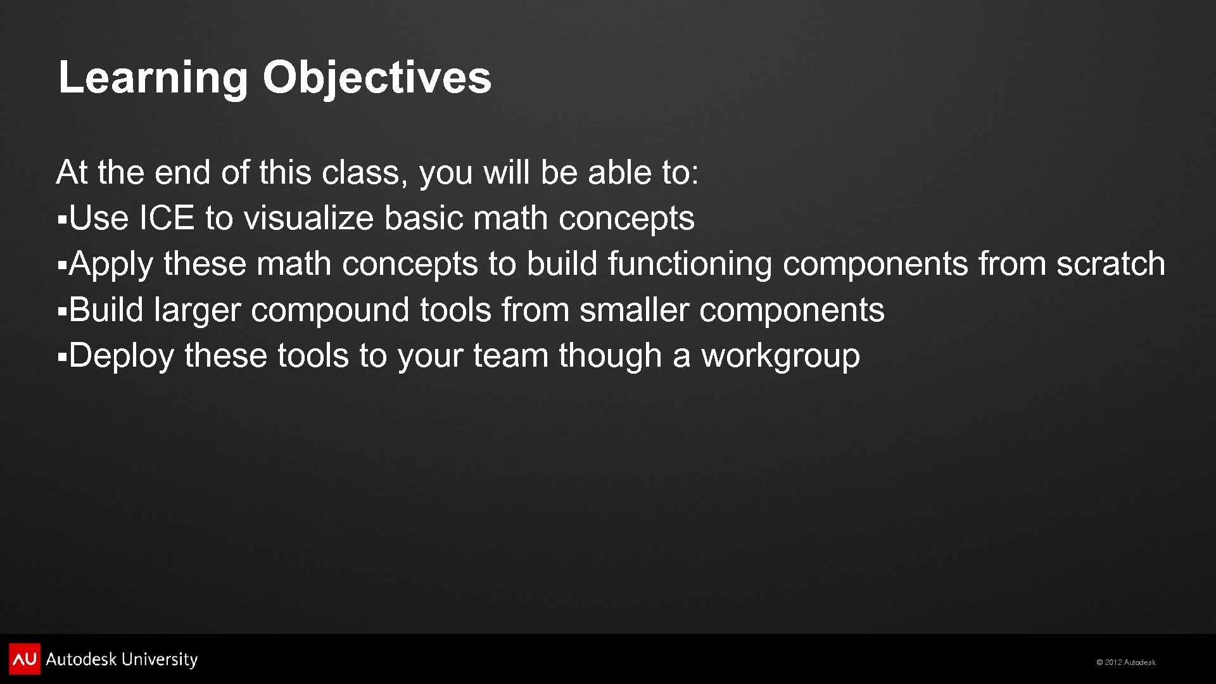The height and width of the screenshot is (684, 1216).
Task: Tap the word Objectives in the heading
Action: tap(377, 78)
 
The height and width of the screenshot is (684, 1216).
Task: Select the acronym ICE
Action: tap(167, 218)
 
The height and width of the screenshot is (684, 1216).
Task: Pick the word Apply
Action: tap(111, 265)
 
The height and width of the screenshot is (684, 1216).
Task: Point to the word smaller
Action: tap(634, 310)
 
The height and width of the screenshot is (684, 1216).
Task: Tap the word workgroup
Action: tap(780, 357)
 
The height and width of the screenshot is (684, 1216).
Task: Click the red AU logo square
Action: tap(25, 659)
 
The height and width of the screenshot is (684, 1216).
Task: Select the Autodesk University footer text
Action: tap(122, 659)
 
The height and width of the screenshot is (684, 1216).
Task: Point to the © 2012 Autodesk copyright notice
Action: tap(1126, 662)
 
